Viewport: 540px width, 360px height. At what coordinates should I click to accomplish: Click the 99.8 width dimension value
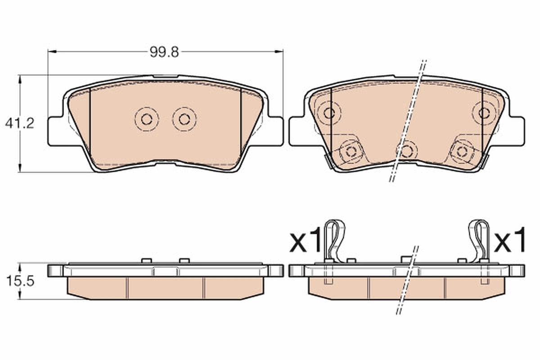164,52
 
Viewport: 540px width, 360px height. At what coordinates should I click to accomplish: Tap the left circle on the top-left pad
147,119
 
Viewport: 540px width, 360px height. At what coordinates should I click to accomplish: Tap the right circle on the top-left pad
184,119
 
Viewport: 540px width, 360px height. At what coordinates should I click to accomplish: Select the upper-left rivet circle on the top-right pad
329,112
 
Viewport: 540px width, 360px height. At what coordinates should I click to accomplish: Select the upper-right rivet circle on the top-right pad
484,112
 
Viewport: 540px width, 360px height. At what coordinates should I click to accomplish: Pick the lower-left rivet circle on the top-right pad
350,151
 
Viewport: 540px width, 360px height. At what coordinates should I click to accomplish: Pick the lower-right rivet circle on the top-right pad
462,151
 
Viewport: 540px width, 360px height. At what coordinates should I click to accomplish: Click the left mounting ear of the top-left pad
56,131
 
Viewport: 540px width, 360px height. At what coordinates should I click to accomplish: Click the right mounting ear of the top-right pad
516,131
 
